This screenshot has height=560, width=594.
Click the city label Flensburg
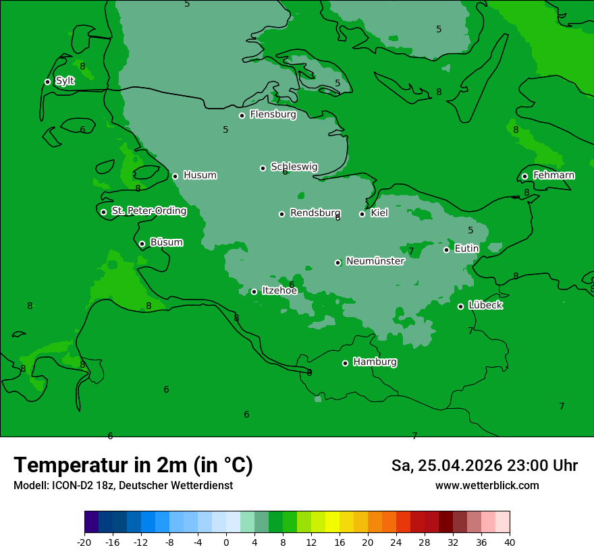tap(273, 115)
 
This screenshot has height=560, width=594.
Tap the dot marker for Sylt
tap(47, 82)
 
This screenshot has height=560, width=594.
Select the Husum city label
tap(200, 175)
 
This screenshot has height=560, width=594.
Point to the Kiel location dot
tap(362, 214)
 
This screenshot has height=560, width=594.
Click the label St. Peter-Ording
tap(148, 211)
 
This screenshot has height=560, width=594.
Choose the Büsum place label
tap(166, 243)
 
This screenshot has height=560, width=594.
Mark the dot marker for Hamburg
tap(345, 363)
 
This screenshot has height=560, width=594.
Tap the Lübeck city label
tap(485, 306)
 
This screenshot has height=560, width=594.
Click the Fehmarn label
tap(553, 175)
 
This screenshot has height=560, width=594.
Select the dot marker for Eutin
tap(446, 250)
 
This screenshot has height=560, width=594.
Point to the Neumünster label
tap(375, 262)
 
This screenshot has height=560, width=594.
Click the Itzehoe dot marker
tap(254, 291)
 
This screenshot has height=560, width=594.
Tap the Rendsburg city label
tap(315, 213)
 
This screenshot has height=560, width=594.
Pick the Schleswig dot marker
tap(263, 168)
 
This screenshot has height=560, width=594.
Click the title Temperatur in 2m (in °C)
tap(133, 466)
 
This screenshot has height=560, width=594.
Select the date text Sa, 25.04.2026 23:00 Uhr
tap(484, 466)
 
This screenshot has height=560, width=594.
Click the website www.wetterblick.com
tap(487, 486)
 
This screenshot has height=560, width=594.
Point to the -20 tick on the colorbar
tap(84, 542)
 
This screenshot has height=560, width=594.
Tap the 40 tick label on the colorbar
tap(510, 542)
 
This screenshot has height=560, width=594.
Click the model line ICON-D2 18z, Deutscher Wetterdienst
tap(123, 486)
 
